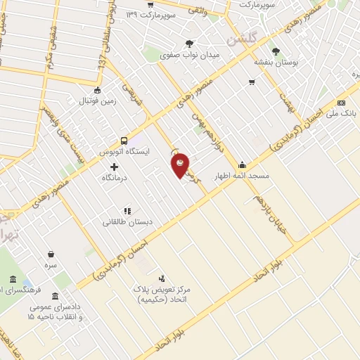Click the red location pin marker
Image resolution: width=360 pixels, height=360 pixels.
pyautogui.click(x=180, y=165)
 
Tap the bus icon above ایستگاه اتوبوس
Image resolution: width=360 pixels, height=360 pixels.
pyautogui.click(x=124, y=140)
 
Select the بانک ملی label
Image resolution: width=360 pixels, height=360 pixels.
pyautogui.click(x=345, y=112)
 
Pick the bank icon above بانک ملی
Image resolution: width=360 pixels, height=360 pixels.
pyautogui.click(x=341, y=103)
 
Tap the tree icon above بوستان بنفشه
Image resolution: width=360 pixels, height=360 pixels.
pyautogui.click(x=276, y=51)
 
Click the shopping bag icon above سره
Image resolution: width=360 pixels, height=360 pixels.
pyautogui.click(x=51, y=254)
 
